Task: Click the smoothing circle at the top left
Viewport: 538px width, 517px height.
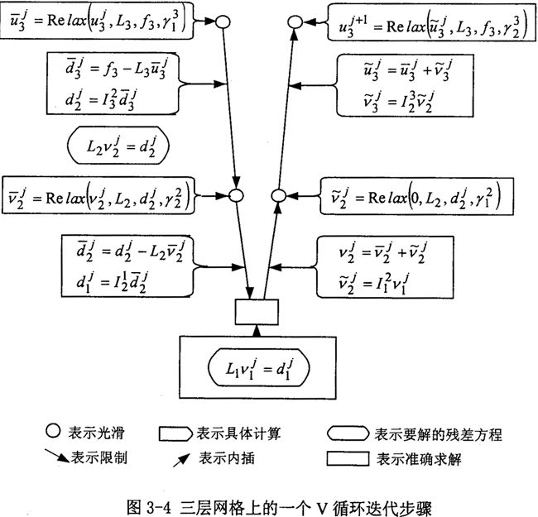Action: click(x=222, y=20)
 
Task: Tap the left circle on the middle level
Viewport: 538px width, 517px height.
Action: click(x=234, y=196)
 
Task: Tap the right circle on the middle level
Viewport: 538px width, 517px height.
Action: click(x=279, y=197)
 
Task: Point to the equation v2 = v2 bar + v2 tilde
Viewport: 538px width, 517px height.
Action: click(x=384, y=250)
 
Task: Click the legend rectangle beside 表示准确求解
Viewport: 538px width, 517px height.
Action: click(x=348, y=459)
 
